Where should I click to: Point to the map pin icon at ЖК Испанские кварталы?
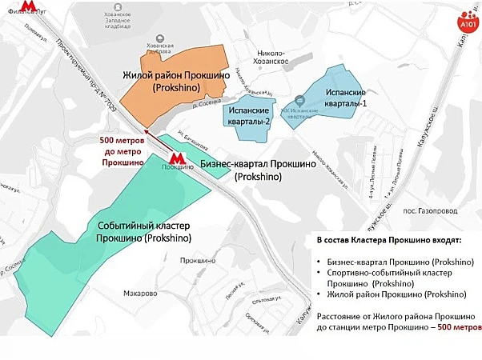pyautogui.click(x=299, y=101)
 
